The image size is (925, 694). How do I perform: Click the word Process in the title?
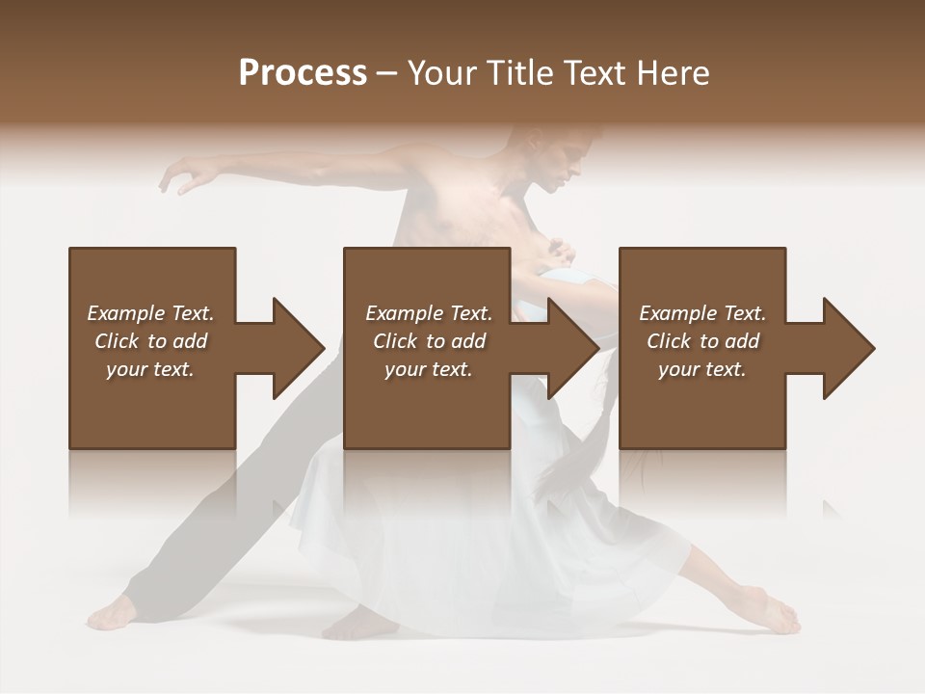303,73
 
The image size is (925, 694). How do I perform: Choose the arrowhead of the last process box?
847,348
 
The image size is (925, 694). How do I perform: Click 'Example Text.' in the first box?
150,313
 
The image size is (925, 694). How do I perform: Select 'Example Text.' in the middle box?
429,313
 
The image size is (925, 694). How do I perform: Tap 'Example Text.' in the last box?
702,313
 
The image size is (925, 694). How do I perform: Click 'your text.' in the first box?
150,369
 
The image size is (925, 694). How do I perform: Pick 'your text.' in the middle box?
429,369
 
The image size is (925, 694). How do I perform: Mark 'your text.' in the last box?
702,369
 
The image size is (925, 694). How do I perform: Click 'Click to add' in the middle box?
429,341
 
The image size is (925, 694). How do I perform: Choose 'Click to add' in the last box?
702,341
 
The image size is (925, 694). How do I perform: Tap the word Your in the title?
440,73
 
